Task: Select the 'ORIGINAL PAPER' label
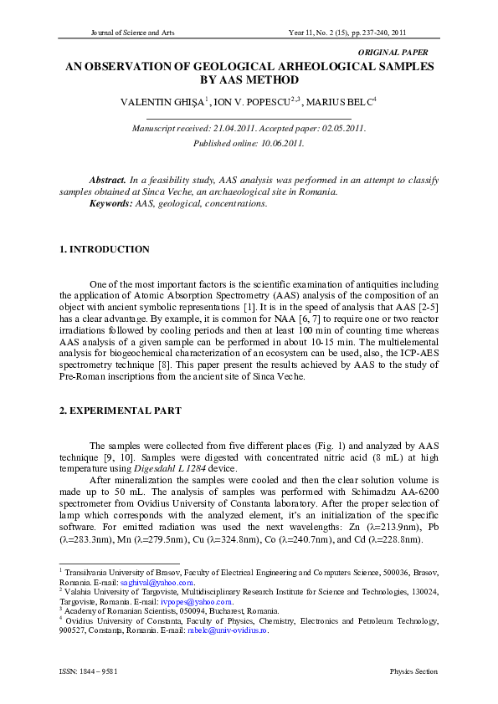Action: (x=393, y=52)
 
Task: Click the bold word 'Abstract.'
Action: (x=108, y=180)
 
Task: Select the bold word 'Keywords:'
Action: (x=111, y=203)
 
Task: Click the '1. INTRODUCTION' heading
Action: (x=105, y=249)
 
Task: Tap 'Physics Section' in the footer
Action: (x=413, y=671)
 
